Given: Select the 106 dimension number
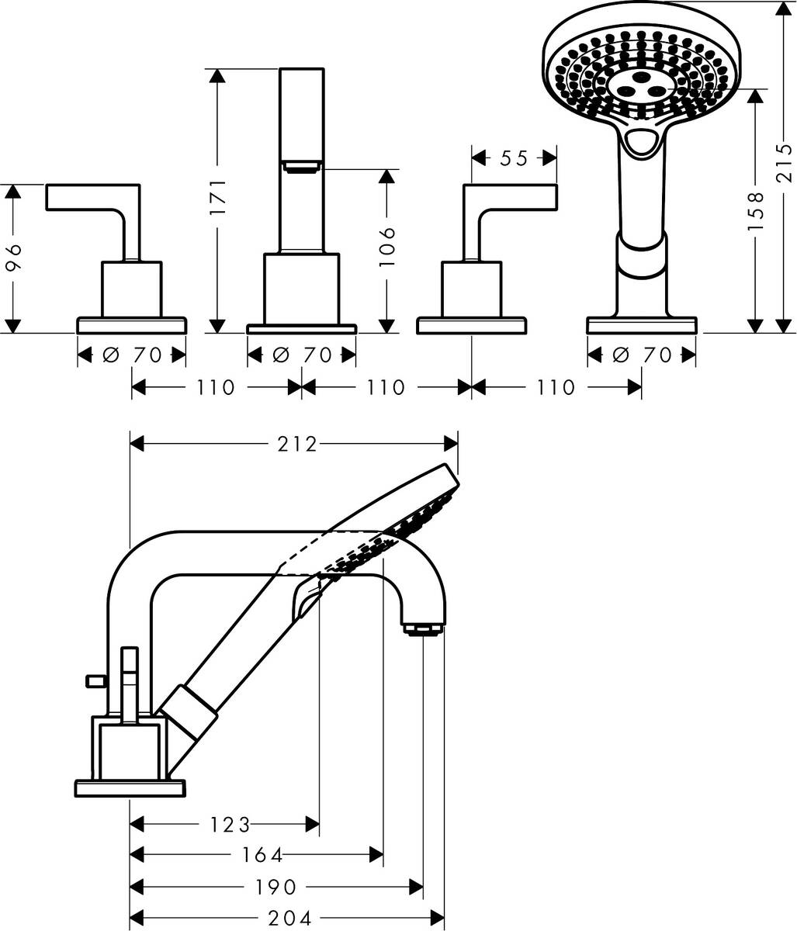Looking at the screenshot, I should point(389,247).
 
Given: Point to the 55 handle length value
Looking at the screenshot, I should point(514,158).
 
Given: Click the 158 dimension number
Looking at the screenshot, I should point(757,210).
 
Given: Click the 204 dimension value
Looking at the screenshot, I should point(290,919).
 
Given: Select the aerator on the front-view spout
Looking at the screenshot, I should point(302,165).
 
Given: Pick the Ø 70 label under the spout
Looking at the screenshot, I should point(303,355).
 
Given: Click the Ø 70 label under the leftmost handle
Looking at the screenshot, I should point(133,355).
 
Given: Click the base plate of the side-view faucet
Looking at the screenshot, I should point(130,787).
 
